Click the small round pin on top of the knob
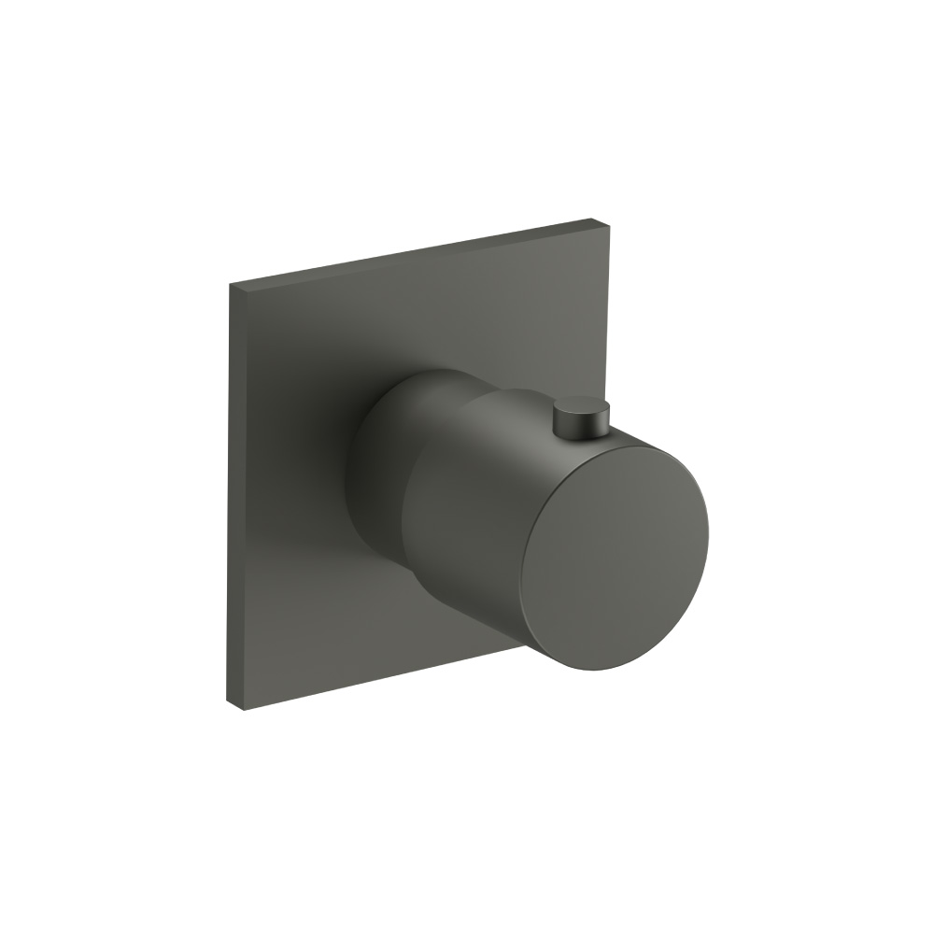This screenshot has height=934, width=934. pyautogui.click(x=581, y=417)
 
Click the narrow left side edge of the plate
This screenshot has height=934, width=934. pyautogui.click(x=236, y=495)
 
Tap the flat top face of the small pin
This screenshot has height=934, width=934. pyautogui.click(x=581, y=405)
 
